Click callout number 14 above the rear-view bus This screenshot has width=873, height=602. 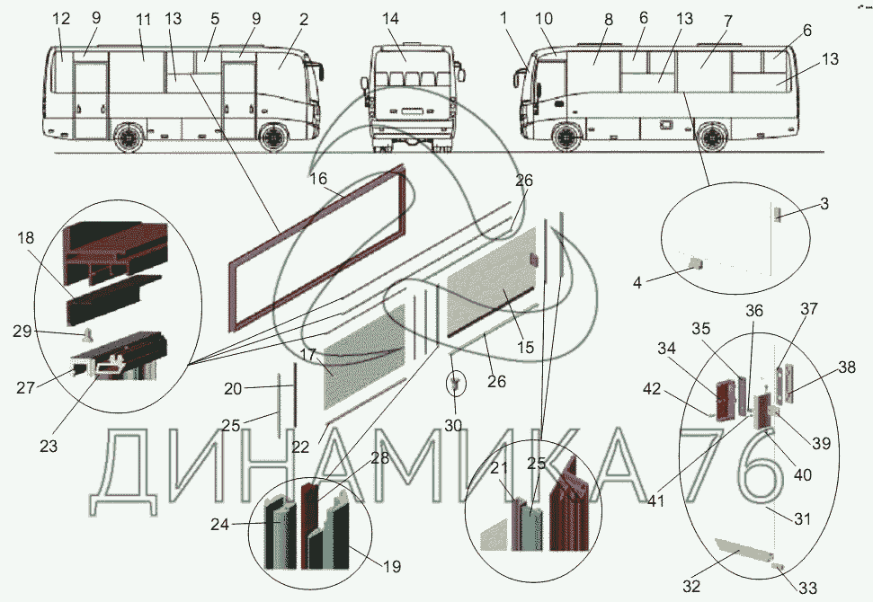click(390, 18)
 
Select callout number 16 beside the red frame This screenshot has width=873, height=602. click(318, 179)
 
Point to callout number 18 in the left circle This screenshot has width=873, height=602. click(25, 237)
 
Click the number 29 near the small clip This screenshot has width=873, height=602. click(22, 331)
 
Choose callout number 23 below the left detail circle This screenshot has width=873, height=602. click(49, 447)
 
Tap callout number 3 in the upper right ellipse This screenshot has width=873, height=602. click(824, 204)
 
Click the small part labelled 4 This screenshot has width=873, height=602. click(696, 262)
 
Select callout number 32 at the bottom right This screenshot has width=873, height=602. click(691, 586)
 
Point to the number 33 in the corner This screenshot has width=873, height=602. click(808, 588)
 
